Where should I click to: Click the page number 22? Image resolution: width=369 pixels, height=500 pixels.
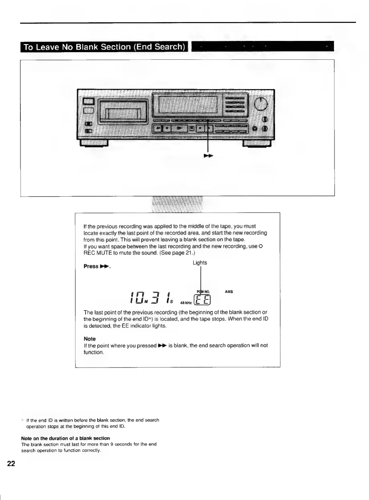(11, 464)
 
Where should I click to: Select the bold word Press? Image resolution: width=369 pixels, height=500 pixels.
(91, 266)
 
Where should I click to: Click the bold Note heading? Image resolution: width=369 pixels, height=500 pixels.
(90, 339)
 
